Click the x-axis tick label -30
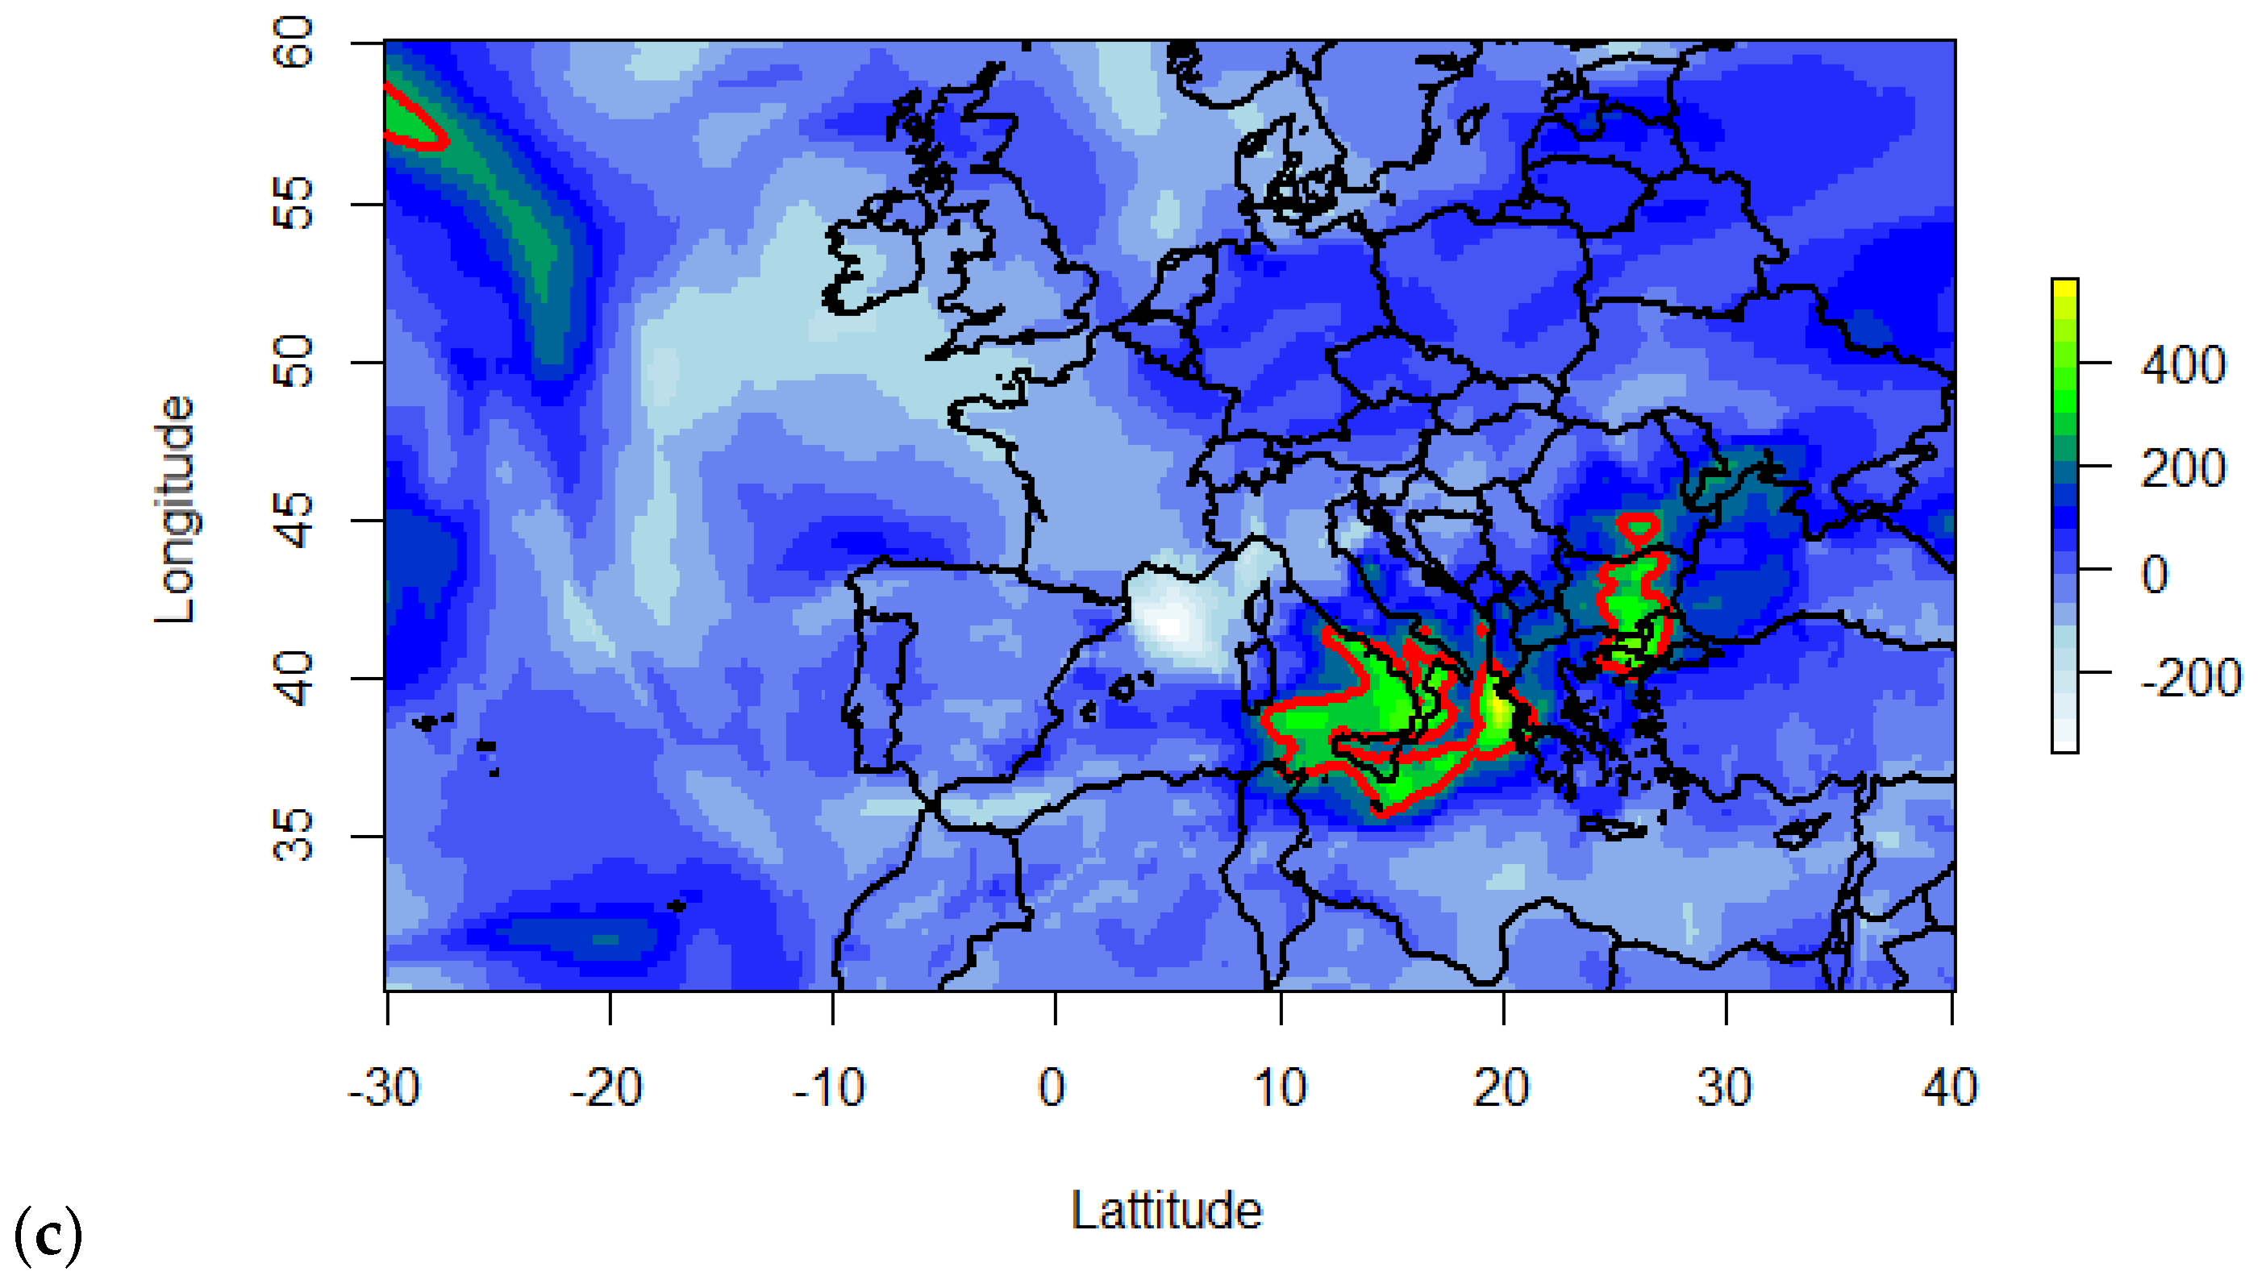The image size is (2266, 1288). [384, 1088]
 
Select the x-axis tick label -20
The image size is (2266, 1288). [606, 1088]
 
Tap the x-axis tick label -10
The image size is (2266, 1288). [829, 1088]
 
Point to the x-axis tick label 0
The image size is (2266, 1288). [1052, 1088]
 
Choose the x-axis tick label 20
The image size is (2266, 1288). [1502, 1088]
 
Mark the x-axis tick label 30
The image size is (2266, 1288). [1724, 1088]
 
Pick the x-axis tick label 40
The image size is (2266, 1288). [1950, 1088]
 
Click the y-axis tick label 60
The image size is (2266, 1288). [293, 43]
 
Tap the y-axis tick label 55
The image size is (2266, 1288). [293, 203]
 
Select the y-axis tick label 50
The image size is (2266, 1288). [293, 362]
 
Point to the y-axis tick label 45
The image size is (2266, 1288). [293, 520]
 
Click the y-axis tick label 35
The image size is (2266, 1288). [293, 836]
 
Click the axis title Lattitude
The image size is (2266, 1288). [1166, 1210]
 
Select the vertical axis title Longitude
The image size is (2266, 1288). [174, 509]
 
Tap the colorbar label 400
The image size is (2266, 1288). [2183, 364]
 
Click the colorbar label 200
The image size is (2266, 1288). [2183, 469]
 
